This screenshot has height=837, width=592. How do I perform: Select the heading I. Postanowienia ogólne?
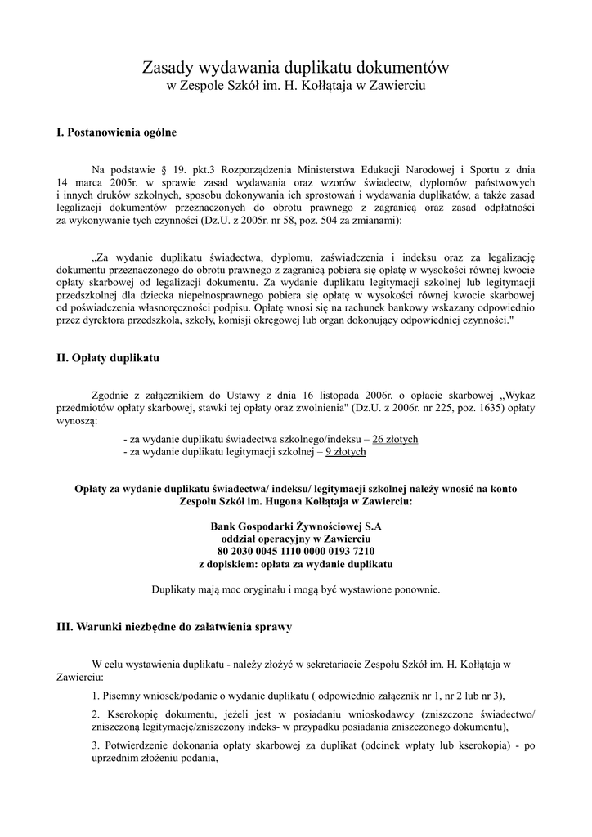[x=116, y=132]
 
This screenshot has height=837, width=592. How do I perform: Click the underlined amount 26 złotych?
[x=395, y=440]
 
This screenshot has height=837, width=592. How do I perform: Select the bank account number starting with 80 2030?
[x=296, y=552]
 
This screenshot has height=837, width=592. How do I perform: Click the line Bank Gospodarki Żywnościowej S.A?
[x=296, y=527]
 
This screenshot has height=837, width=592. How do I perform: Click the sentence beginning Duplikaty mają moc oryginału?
[x=296, y=589]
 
